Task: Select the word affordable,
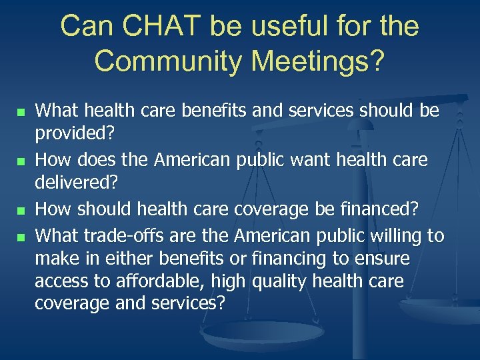click(157, 281)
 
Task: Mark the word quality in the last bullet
click(281, 281)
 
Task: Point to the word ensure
click(385, 258)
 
